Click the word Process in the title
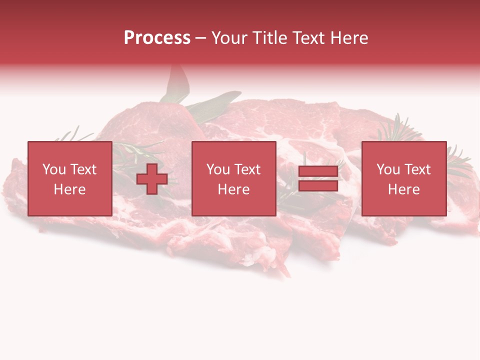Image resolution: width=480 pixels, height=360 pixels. [157, 38]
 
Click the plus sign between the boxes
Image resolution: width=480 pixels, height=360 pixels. [152, 179]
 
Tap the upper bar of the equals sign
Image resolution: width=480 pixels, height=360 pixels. [318, 171]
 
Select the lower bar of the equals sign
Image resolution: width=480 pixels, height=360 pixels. [318, 185]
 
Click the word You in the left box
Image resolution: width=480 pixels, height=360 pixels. [53, 169]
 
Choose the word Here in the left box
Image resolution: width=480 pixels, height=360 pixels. [69, 189]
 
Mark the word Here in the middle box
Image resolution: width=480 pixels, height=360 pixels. [233, 189]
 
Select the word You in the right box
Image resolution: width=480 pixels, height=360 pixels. [388, 169]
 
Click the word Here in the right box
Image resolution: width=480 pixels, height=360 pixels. [403, 189]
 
